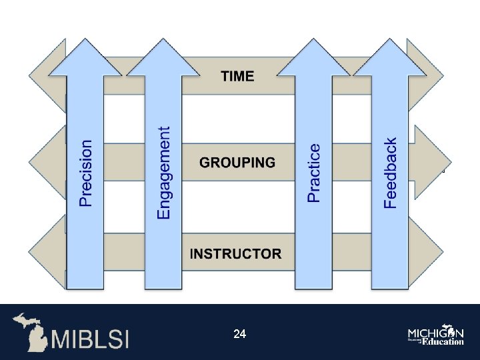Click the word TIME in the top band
pos(237,76)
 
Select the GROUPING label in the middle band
pos(237,162)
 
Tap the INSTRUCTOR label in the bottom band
pos(235,253)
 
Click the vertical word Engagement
pos(163,173)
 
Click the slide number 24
pos(240,333)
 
